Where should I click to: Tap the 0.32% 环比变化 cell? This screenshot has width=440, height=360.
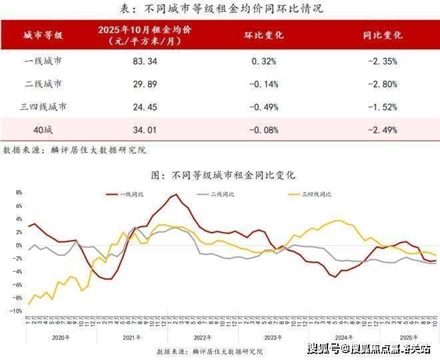pos(265,61)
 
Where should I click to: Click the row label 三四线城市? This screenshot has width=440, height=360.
pos(44,106)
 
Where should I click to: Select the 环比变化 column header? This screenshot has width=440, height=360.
pos(265,35)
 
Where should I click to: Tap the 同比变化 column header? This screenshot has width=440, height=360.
pos(383,35)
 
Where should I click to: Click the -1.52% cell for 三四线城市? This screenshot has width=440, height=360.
pos(383,106)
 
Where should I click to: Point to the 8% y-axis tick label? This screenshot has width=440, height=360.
pos(18,193)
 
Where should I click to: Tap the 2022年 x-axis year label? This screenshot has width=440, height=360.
pos(201,337)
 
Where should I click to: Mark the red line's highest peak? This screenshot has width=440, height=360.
pos(174,195)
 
